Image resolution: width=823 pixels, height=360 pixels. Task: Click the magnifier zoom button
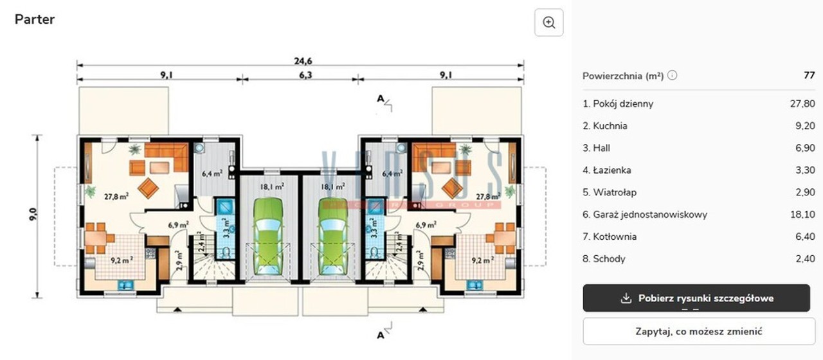tap(548, 22)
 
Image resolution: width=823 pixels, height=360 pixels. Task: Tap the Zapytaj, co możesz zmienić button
tap(699, 331)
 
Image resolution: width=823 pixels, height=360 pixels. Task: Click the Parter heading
tap(35, 19)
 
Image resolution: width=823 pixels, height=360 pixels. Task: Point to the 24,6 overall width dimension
tap(303, 60)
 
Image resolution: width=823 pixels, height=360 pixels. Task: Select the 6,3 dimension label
tap(305, 75)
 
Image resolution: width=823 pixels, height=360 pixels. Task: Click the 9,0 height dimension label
tap(33, 215)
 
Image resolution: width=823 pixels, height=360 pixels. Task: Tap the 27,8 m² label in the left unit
tap(116, 197)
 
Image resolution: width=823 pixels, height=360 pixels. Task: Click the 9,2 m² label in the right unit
tap(482, 260)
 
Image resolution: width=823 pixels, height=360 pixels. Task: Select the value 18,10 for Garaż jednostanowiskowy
tap(802, 215)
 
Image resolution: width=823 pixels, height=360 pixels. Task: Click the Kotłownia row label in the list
tap(610, 237)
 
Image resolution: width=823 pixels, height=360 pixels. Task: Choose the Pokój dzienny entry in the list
tap(618, 104)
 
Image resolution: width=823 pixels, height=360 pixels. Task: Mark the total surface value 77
tap(809, 75)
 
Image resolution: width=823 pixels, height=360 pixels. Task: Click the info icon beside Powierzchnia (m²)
tap(672, 75)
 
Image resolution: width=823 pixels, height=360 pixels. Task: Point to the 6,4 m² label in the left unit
tap(212, 174)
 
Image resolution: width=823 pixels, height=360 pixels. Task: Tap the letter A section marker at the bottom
tap(381, 336)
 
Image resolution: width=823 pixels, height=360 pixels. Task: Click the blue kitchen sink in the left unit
tap(125, 285)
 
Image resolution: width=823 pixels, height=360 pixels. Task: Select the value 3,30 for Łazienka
tap(806, 170)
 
